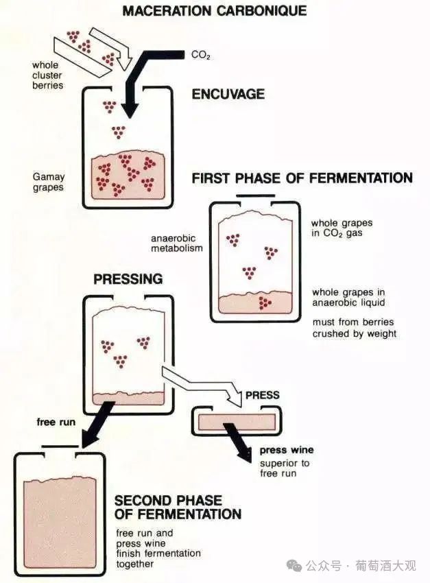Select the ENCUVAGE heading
pos(228,94)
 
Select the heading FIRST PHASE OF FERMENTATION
pos(302,178)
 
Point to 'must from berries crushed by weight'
pos(354,328)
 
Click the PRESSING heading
pos(128,279)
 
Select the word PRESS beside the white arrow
pos(262,395)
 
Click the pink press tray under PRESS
pos(236,421)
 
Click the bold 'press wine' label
pos(287,450)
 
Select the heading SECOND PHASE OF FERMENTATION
pos(178,507)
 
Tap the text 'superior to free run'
pos(284,468)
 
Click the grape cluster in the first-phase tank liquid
pos(263,302)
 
